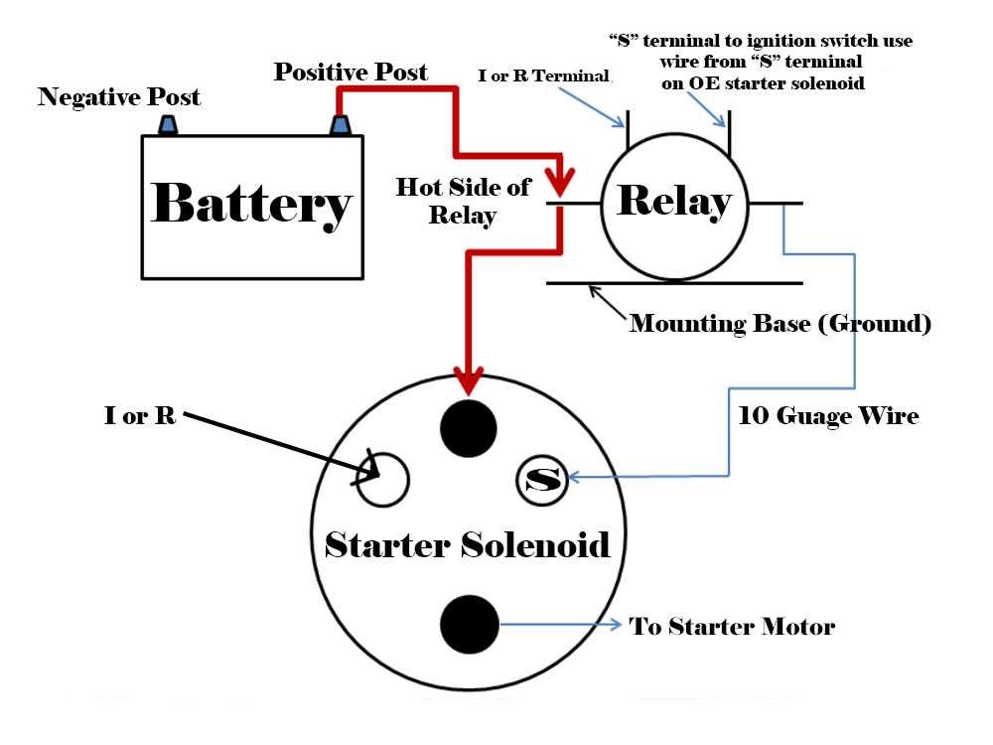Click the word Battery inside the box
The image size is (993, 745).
pyautogui.click(x=252, y=206)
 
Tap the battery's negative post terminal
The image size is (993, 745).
pyautogui.click(x=168, y=125)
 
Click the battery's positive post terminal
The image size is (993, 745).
pyautogui.click(x=340, y=125)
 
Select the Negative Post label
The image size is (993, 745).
pyautogui.click(x=119, y=97)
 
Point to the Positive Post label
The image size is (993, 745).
pyautogui.click(x=351, y=72)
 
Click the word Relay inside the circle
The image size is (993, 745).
pyautogui.click(x=673, y=202)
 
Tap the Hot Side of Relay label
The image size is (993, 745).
pyautogui.click(x=463, y=202)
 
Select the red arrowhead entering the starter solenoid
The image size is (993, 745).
pyautogui.click(x=468, y=379)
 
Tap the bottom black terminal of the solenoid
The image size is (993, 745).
pyautogui.click(x=469, y=623)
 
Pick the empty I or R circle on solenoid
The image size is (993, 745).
pyautogui.click(x=383, y=480)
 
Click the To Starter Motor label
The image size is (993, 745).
pyautogui.click(x=732, y=627)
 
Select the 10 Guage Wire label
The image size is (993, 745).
pyautogui.click(x=828, y=416)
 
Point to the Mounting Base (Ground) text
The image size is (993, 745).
pyautogui.click(x=780, y=324)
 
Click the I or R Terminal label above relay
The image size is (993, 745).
pyautogui.click(x=544, y=75)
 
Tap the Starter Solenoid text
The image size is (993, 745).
pyautogui.click(x=467, y=545)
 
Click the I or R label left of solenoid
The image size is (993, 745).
pyautogui.click(x=140, y=416)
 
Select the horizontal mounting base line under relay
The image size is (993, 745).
pyautogui.click(x=675, y=283)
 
